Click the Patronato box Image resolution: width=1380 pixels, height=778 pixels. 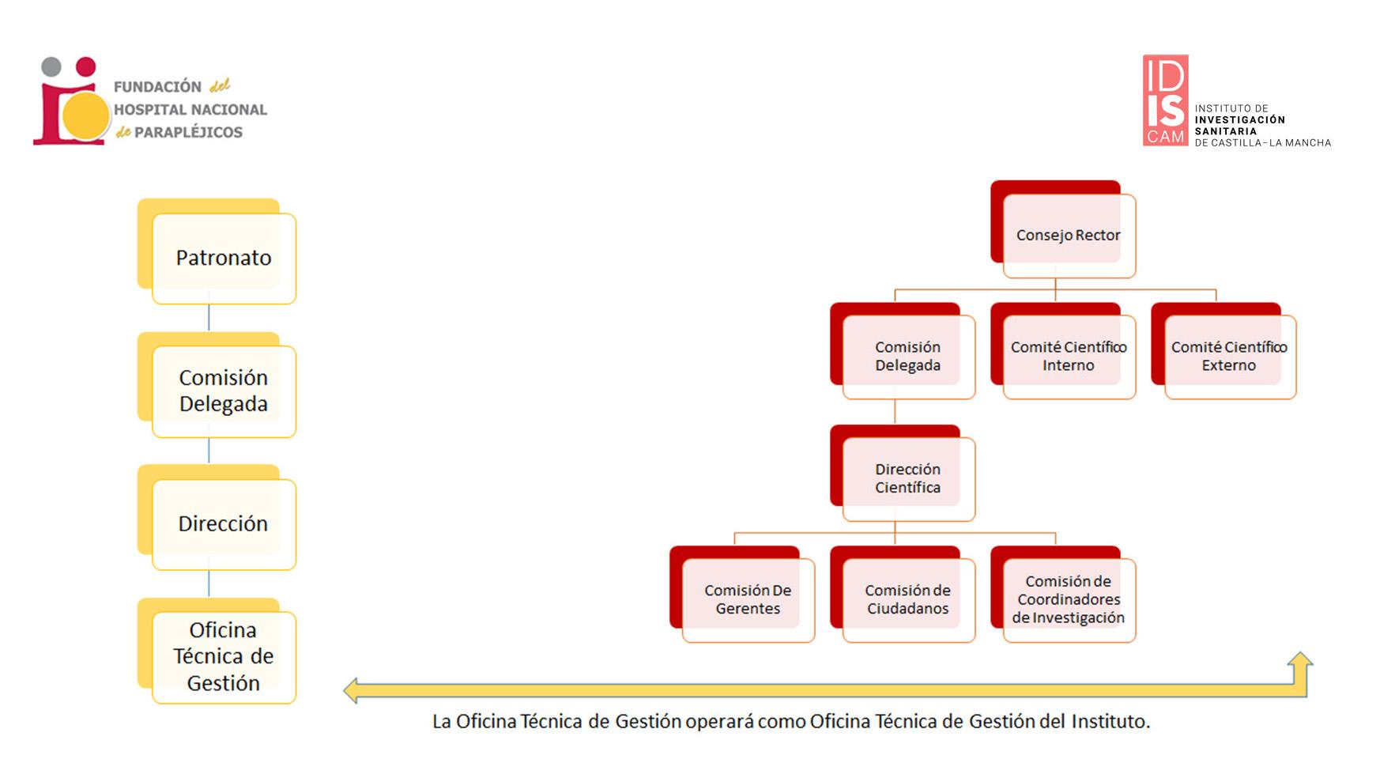point(223,258)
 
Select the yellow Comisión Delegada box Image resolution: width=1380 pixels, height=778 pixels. point(223,391)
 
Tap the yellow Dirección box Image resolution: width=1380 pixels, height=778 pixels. point(223,523)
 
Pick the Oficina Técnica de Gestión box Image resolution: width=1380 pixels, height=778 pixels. point(223,656)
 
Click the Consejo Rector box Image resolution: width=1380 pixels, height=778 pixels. point(1068,235)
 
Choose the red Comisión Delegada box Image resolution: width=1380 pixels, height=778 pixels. point(907,356)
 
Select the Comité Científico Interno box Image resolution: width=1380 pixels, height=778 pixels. point(1068,356)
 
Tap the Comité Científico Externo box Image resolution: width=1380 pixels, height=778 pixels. point(1228,356)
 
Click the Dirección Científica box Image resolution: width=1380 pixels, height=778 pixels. point(907,478)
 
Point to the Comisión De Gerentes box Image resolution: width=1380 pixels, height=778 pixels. point(747,599)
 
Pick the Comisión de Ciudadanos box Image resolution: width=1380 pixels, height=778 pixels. point(907,599)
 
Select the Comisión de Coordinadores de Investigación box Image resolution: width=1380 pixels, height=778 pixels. point(1068,599)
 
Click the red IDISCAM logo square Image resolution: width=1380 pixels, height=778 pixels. point(1165,100)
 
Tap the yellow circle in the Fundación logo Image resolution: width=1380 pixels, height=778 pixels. point(85,115)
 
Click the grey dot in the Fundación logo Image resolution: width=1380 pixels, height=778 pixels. point(51,66)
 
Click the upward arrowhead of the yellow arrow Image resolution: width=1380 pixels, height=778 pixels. point(1299,661)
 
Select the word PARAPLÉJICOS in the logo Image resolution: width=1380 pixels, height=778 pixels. point(188,133)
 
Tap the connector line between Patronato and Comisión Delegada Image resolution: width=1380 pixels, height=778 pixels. point(209,317)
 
